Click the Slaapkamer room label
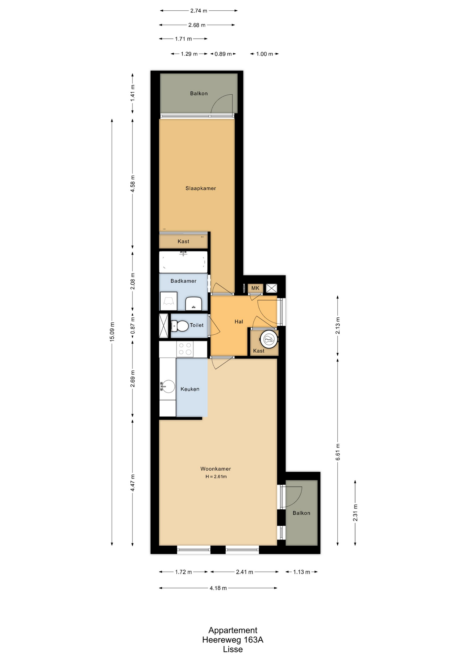200,188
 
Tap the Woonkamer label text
216,469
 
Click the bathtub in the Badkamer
183,262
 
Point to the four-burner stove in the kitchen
185,349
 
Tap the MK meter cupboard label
255,288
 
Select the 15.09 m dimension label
112,332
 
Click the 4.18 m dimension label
218,588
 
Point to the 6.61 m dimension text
338,452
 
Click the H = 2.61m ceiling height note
216,476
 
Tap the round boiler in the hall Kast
269,339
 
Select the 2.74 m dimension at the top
199,11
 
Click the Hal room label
239,322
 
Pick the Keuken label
190,389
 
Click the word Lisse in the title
233,649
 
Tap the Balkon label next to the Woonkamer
301,513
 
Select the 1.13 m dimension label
302,572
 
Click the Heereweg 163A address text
233,640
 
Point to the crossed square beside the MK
271,288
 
